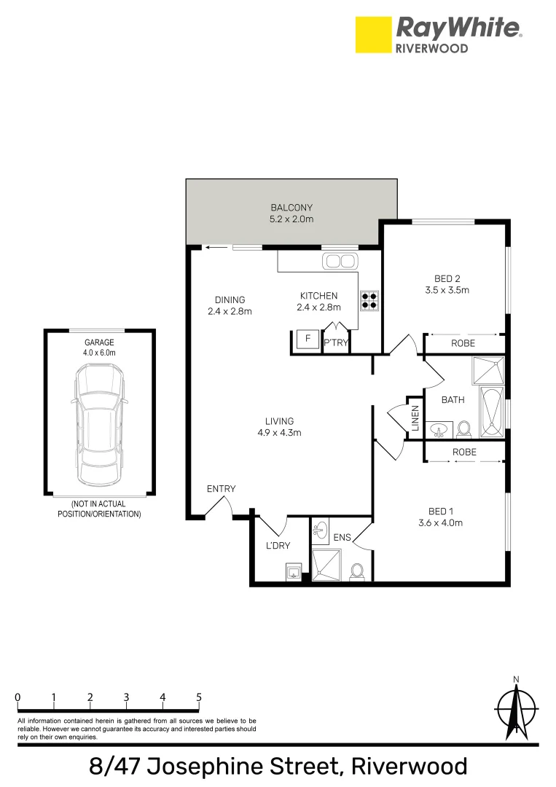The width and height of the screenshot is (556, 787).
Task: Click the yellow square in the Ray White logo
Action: pos(372,35)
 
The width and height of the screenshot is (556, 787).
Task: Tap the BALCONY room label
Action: pos(292,207)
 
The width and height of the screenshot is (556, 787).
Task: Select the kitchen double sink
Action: pos(340,261)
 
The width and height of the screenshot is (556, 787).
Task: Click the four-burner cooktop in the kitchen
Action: pos(369,300)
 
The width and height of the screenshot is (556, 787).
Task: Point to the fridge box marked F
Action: pos(308,340)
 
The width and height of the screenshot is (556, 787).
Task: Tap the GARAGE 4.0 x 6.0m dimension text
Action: pos(99,353)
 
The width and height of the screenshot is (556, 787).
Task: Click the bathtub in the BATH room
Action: pos(493,413)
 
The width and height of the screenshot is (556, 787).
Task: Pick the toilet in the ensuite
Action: pos(357,572)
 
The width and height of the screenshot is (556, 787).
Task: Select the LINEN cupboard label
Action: pos(415,422)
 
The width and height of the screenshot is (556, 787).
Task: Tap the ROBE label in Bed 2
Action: pos(463,343)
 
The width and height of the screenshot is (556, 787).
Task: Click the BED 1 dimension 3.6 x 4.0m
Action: pos(442,522)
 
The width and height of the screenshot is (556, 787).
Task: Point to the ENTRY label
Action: pos(221,488)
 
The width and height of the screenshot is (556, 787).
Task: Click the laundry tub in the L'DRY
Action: pos(293,571)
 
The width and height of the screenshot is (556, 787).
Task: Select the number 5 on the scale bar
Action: pos(199,697)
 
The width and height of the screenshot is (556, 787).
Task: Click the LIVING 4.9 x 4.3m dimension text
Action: pos(279,432)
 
